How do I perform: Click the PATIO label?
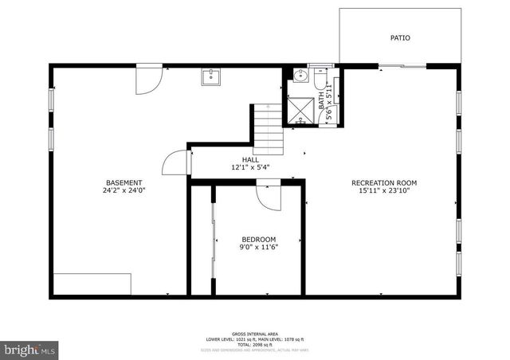[400, 37]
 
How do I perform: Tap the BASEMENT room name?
[124, 182]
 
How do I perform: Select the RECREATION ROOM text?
[384, 182]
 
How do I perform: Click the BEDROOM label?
[259, 239]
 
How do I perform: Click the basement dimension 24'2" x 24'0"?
[124, 191]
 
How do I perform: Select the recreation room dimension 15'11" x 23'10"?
[384, 191]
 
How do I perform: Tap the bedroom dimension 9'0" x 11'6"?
[259, 248]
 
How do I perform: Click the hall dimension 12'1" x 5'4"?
[251, 168]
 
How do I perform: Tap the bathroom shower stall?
[300, 109]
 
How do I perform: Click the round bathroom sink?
[299, 76]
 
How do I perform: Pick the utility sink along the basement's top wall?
[211, 76]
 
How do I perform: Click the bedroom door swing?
[269, 198]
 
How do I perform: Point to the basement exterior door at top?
[149, 80]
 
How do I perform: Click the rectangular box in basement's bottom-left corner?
[92, 284]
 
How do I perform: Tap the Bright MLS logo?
[30, 350]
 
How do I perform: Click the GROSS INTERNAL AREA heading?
[254, 334]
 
